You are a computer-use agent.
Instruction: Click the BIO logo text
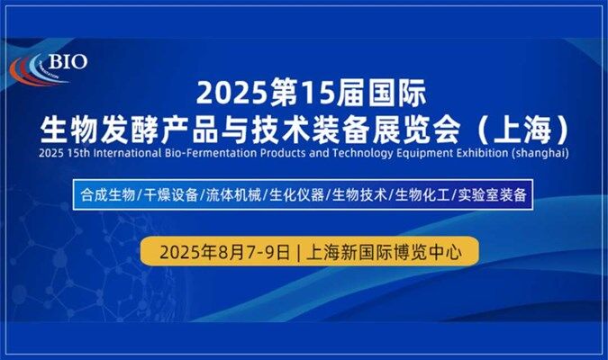click(x=68, y=61)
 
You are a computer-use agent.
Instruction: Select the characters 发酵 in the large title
click(x=129, y=129)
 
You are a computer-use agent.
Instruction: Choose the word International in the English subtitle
click(x=127, y=153)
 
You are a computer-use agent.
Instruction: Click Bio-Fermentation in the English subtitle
click(x=211, y=153)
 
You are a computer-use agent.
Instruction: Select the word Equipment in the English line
click(x=424, y=154)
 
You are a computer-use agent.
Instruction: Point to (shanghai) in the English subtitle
click(x=540, y=153)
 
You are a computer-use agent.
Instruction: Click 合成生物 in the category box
click(x=108, y=194)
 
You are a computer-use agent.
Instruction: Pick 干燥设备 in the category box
click(x=171, y=194)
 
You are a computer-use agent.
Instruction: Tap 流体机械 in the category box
click(x=234, y=194)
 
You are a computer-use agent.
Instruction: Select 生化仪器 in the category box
click(x=296, y=194)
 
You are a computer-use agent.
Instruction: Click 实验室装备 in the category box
click(x=492, y=194)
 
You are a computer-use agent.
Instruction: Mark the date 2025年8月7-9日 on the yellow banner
click(x=225, y=252)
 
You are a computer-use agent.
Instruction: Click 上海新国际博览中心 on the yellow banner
click(x=384, y=252)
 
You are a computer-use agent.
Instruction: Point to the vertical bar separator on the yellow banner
click(x=298, y=253)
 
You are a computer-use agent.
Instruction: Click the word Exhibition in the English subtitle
click(x=482, y=153)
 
